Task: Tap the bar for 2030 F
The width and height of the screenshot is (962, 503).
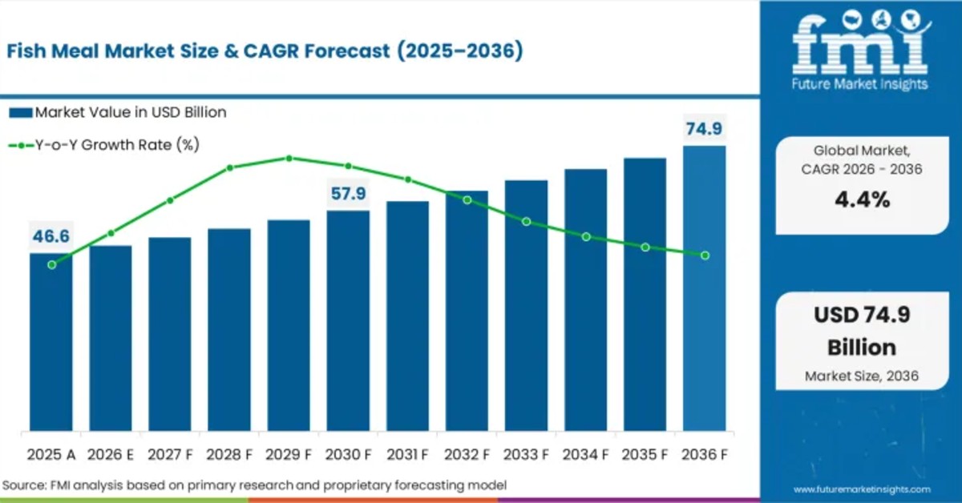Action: point(348,320)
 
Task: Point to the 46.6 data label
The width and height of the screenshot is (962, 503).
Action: point(51,236)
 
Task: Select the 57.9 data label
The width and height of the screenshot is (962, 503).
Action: point(348,193)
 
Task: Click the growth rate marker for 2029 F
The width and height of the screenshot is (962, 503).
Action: point(289,158)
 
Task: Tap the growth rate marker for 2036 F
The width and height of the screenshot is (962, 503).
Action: point(705,256)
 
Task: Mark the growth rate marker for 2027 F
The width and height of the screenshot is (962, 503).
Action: point(170,200)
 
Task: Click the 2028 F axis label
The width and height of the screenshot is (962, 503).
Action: point(229,454)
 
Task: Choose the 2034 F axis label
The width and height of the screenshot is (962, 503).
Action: point(585,454)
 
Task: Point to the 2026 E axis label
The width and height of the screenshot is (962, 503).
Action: point(111,454)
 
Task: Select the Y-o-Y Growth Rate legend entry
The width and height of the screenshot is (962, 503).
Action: point(104,145)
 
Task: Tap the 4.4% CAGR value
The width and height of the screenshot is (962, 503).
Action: point(862,199)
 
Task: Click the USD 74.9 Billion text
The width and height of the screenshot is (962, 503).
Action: point(862,331)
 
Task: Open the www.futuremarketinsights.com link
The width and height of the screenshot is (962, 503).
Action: point(862,489)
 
